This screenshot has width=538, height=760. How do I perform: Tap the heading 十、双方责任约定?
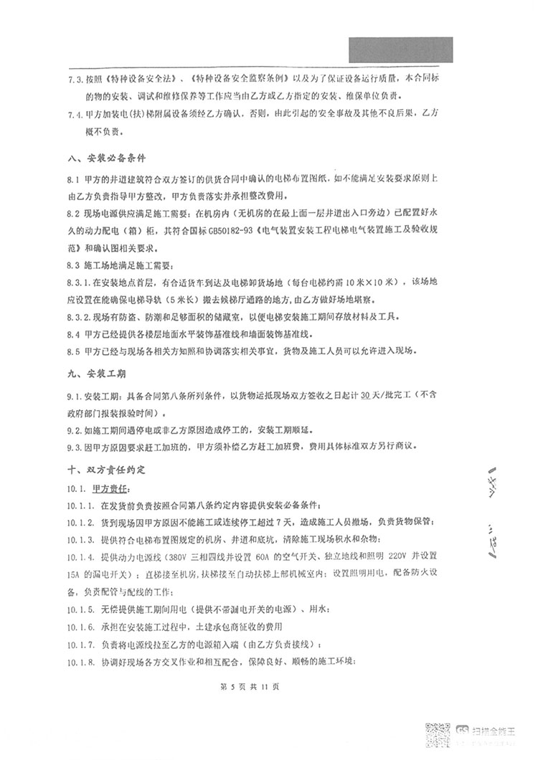(x=106, y=471)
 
